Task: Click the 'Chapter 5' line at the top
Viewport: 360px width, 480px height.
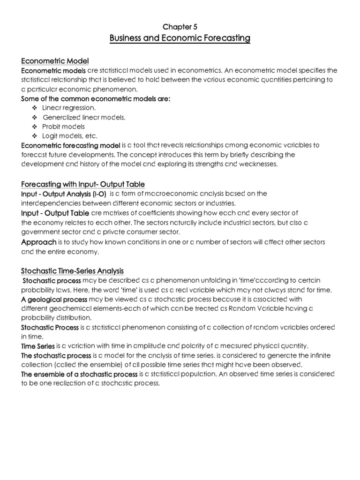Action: pyautogui.click(x=180, y=27)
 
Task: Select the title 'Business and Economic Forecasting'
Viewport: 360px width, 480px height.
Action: pyautogui.click(x=180, y=38)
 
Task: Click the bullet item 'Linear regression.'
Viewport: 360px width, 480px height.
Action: pyautogui.click(x=69, y=108)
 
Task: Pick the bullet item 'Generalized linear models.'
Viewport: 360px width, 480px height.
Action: pyautogui.click(x=84, y=117)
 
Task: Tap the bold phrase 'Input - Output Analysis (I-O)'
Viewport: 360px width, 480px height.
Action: pyautogui.click(x=64, y=194)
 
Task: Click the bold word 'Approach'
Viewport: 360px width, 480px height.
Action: pyautogui.click(x=39, y=242)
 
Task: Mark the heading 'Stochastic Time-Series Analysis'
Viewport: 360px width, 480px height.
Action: pyautogui.click(x=73, y=271)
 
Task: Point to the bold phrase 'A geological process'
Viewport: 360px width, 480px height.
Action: pyautogui.click(x=54, y=299)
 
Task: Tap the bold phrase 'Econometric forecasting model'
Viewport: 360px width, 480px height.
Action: pyautogui.click(x=71, y=145)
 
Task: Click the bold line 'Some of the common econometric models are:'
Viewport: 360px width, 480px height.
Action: pyautogui.click(x=96, y=98)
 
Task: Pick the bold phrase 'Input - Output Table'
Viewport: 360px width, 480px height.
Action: pyautogui.click(x=55, y=213)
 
